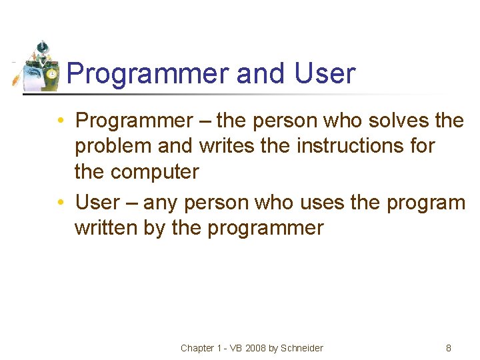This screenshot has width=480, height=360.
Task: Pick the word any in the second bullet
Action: pos(160,202)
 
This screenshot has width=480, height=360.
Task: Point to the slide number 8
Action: pos(449,348)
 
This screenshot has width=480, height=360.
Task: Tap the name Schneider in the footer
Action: pos(302,348)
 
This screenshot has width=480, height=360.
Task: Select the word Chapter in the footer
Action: pos(197,348)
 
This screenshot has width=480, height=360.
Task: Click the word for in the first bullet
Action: pos(423,146)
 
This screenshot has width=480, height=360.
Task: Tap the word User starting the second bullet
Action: pos(99,202)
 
